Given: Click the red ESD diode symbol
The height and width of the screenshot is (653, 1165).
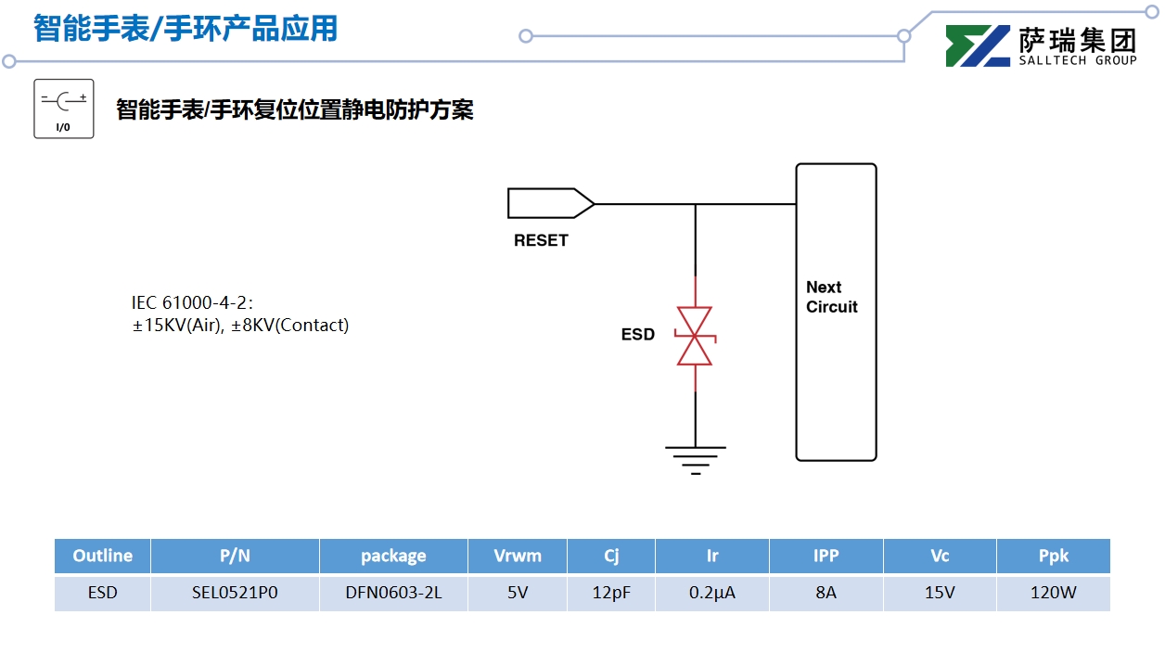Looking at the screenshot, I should (695, 336).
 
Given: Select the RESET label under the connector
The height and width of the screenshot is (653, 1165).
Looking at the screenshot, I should (541, 240).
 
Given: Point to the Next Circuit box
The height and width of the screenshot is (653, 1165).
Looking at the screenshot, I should (836, 312).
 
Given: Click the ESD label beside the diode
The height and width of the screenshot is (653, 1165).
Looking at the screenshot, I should (638, 335).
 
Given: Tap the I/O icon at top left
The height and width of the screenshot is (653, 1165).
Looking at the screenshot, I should (64, 109).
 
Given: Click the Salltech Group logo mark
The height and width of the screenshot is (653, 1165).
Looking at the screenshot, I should (978, 46).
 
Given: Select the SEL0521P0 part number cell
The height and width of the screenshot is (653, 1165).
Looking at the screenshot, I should (235, 593).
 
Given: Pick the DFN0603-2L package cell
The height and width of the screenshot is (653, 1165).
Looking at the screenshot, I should (393, 593).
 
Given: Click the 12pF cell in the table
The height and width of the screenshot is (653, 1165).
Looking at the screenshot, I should (610, 593).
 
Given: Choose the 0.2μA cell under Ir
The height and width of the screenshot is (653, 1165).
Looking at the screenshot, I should (711, 593).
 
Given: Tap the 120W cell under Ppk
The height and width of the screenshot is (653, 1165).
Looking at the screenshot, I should (1053, 593).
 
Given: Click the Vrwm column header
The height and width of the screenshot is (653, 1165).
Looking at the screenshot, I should (517, 556).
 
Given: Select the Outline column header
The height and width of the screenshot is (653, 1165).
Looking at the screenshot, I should (102, 556).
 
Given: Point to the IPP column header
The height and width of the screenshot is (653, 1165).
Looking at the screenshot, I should (826, 556).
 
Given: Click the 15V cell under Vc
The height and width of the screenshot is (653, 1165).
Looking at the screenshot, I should (939, 593).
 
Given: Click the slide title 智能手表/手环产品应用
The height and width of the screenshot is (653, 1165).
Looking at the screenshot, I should (186, 29).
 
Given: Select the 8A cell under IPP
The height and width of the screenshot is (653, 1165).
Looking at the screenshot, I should (826, 593).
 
